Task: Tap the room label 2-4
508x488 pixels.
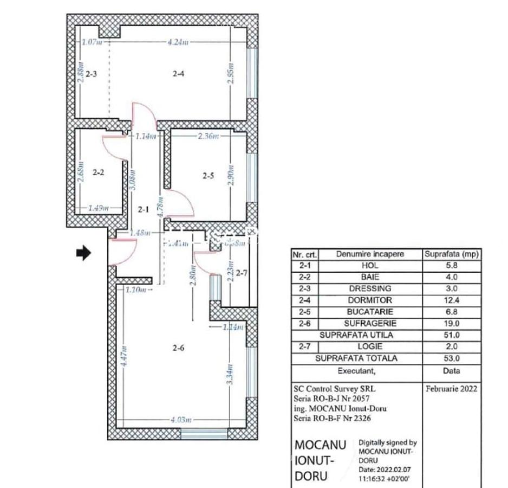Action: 179,74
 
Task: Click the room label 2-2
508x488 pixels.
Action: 98,173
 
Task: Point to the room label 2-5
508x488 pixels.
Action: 209,175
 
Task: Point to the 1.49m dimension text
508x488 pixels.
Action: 99,208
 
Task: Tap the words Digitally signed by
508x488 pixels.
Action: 387,442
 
